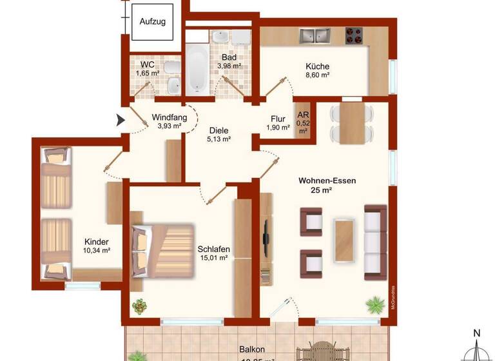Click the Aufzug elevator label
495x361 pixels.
point(153,21)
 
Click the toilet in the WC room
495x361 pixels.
point(171,68)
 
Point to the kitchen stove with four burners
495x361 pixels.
point(353,35)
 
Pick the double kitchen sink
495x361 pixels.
point(314,35)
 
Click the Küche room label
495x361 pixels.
point(317,66)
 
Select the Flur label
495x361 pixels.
point(278,119)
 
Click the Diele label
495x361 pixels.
point(218,130)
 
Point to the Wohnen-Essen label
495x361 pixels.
point(327,181)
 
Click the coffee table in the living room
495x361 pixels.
point(344,240)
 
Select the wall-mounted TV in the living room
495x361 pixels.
point(265,239)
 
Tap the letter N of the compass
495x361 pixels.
point(477,333)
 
